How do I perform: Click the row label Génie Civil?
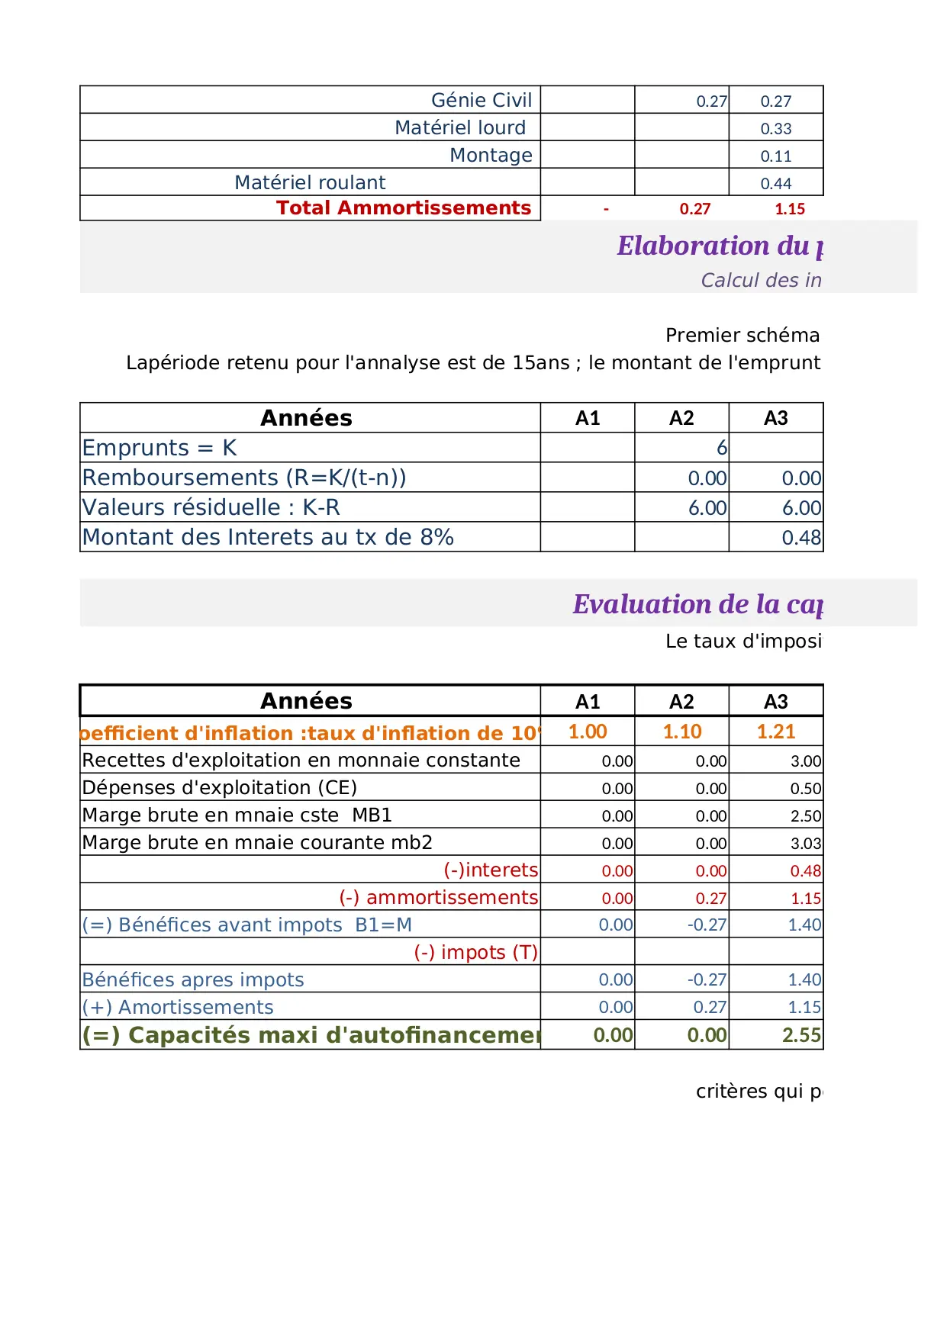(481, 101)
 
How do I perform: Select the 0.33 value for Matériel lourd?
(775, 129)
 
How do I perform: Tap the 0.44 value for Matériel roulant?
(775, 184)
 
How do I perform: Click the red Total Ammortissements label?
(403, 208)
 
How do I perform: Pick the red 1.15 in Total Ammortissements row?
(789, 209)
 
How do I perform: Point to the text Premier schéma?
(742, 336)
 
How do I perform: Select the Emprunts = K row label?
(159, 448)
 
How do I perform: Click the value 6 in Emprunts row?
(721, 448)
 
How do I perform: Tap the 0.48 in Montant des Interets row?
(800, 538)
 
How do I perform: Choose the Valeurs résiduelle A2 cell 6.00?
(707, 508)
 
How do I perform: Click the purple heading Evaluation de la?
(697, 604)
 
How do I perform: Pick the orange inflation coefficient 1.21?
(775, 732)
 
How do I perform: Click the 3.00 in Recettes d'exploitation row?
(805, 761)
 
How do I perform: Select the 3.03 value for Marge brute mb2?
(805, 844)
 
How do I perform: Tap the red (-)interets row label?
(491, 870)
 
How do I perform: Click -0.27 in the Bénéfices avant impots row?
(707, 925)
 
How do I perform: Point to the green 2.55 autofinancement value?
(800, 1035)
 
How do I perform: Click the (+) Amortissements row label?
(178, 1008)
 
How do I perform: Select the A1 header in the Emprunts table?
(588, 418)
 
